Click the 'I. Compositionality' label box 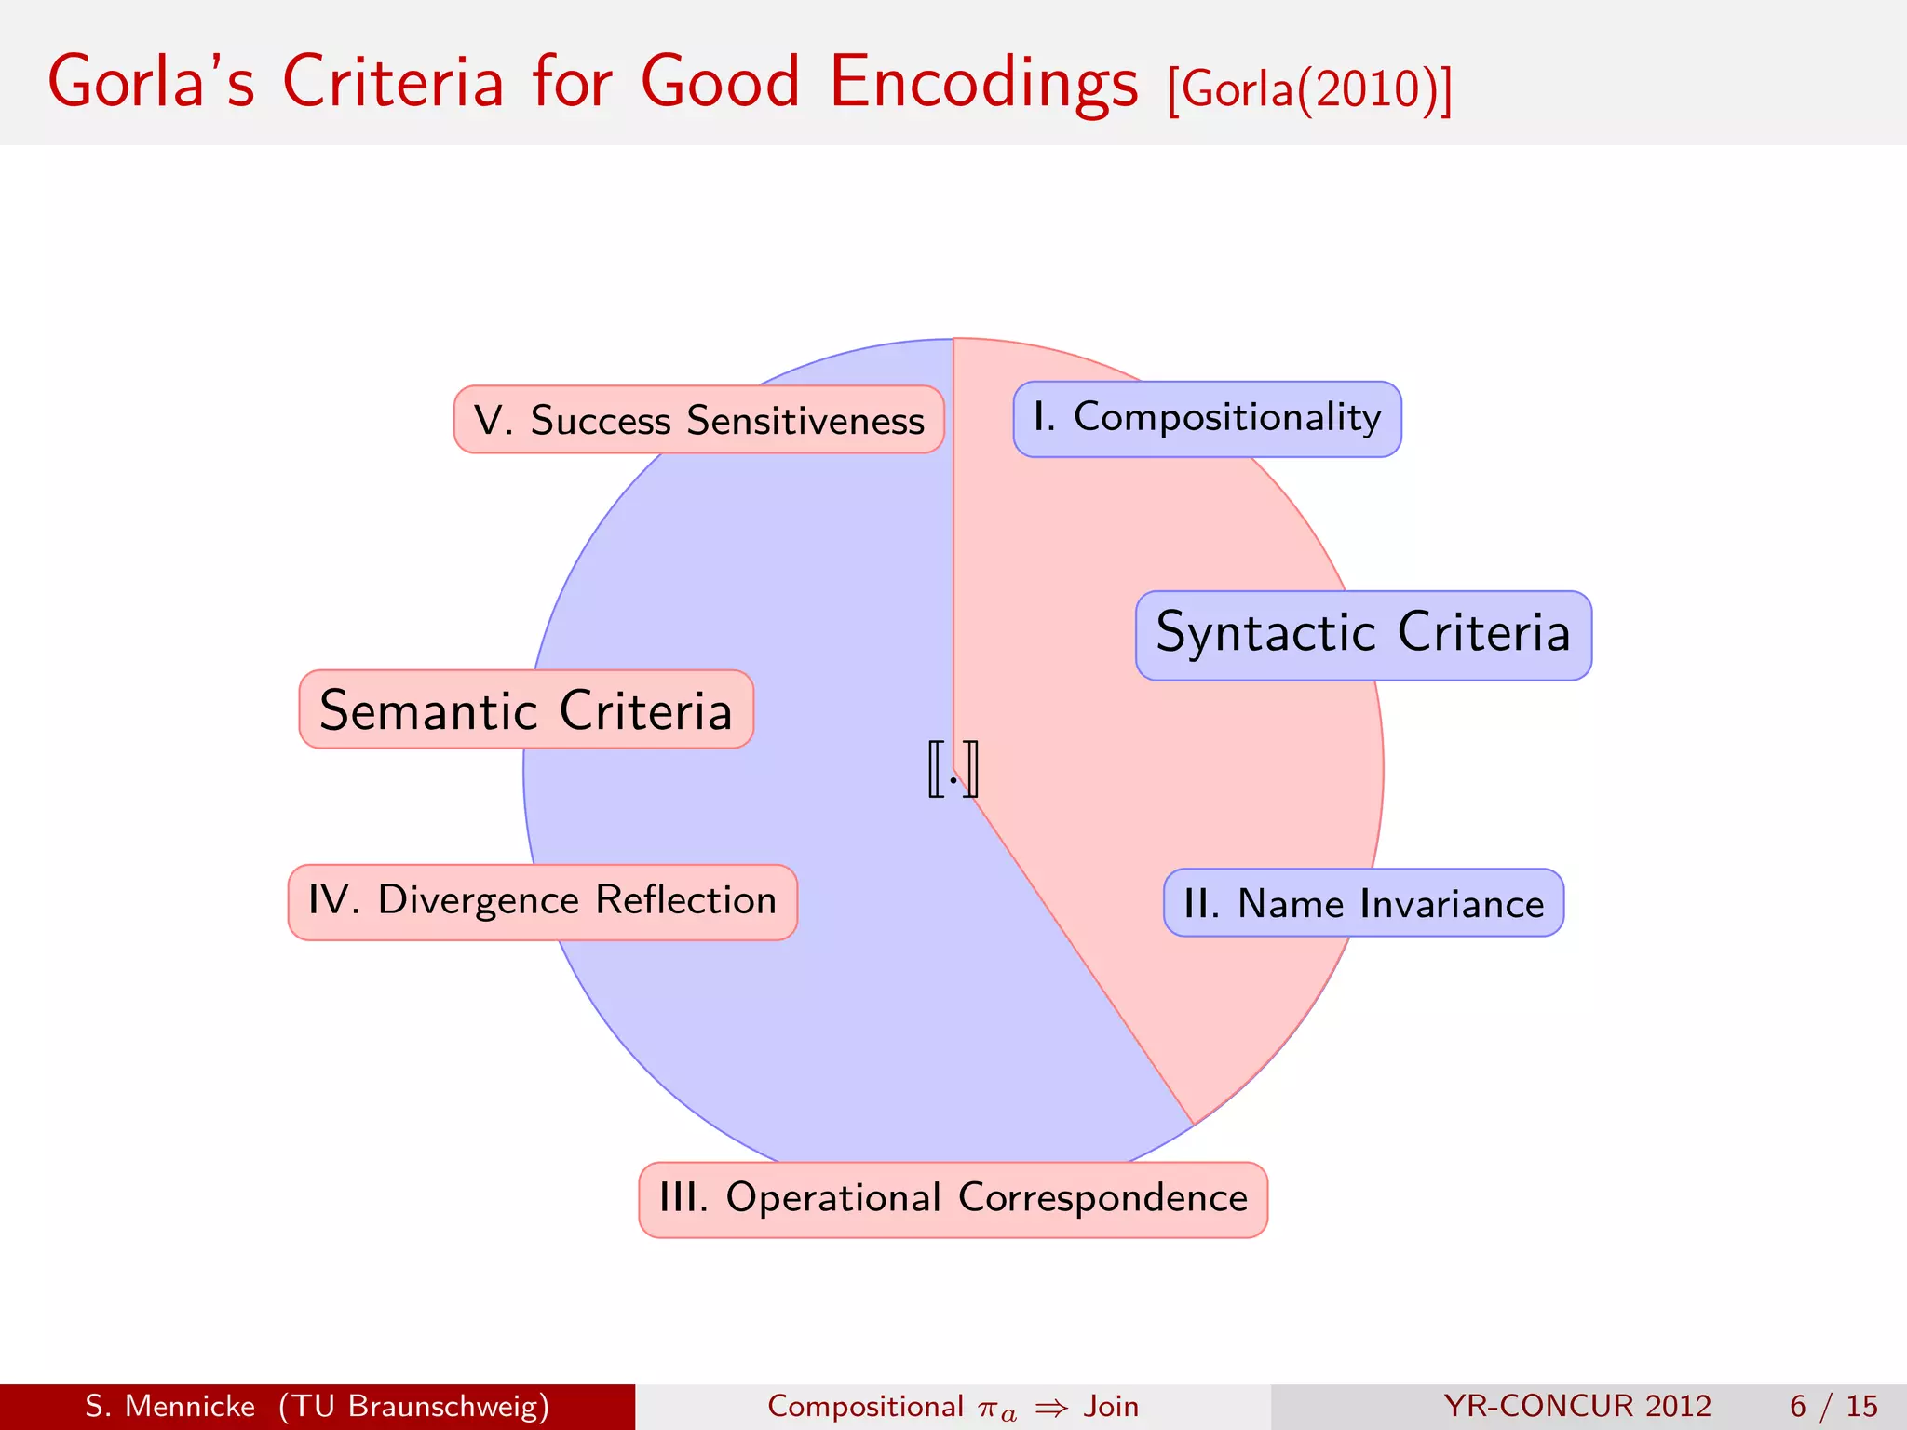click(1207, 419)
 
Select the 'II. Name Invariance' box click(1363, 903)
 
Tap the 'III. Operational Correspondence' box click(953, 1199)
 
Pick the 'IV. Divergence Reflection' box click(542, 902)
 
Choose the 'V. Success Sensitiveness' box click(698, 420)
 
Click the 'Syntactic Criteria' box click(1363, 635)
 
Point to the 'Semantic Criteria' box click(526, 709)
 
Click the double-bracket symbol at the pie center click(953, 769)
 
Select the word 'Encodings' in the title click(982, 82)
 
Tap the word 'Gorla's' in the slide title click(151, 82)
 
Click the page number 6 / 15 click(1833, 1406)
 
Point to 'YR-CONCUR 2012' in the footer click(1577, 1406)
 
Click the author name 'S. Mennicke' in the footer click(169, 1406)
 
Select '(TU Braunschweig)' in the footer click(413, 1406)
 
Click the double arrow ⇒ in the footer click(1051, 1408)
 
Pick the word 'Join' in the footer click(1111, 1406)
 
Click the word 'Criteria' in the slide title click(392, 82)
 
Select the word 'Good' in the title click(720, 82)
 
